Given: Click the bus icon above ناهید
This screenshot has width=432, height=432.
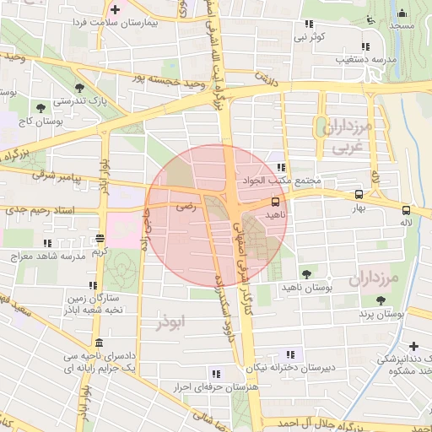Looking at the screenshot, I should [276, 202].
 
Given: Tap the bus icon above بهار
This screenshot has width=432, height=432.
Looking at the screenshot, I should [359, 193].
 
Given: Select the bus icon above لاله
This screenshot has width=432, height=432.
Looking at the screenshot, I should [407, 210].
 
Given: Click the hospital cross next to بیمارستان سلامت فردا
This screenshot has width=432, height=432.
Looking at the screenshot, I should [115, 10].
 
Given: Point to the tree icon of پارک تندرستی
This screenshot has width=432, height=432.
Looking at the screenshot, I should [79, 88].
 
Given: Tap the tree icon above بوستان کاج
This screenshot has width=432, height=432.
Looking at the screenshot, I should [40, 107].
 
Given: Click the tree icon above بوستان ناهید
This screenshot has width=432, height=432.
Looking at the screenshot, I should [306, 273].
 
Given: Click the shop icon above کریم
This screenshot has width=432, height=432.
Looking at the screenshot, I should [100, 238].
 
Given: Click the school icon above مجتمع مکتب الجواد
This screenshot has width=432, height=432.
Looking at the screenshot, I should [280, 168].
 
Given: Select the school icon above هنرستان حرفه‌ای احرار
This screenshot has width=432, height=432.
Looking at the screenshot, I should [216, 372].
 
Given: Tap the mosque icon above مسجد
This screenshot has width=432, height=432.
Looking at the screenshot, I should [402, 13].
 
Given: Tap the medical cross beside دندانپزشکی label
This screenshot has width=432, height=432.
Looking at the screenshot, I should [413, 346].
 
